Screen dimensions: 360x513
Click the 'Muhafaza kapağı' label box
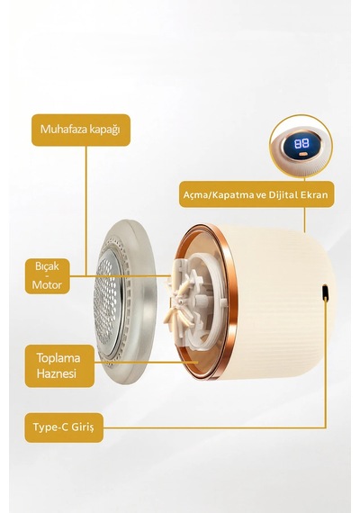click(x=81, y=130)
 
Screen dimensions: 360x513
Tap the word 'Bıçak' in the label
click(x=47, y=266)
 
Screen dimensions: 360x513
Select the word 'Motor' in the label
click(x=47, y=285)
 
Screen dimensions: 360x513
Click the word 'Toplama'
click(x=58, y=357)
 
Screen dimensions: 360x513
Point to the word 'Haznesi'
click(x=57, y=373)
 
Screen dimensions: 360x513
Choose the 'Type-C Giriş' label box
click(x=64, y=427)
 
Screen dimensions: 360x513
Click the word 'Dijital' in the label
click(x=283, y=195)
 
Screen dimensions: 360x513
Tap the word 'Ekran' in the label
click(x=314, y=195)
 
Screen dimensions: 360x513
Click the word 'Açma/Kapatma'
click(x=219, y=195)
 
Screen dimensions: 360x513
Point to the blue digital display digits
click(x=301, y=143)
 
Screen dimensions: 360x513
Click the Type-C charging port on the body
click(x=325, y=292)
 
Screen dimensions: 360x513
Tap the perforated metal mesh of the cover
click(x=107, y=301)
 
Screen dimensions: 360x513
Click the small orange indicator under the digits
click(x=302, y=153)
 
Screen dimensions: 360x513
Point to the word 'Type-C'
click(x=50, y=427)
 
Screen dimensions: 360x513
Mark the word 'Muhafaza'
click(x=64, y=129)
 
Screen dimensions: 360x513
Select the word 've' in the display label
click(x=262, y=195)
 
